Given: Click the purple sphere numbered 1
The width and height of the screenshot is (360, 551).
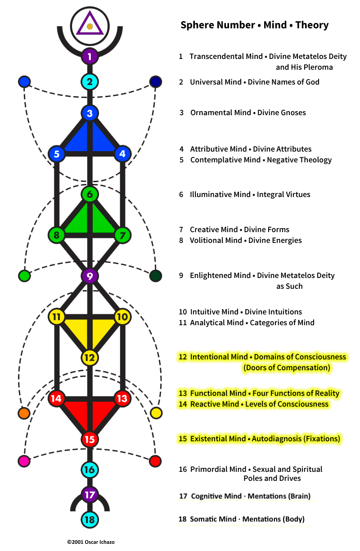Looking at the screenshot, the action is point(90,56).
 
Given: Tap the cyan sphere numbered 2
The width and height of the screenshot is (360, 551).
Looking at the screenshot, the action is point(90,82).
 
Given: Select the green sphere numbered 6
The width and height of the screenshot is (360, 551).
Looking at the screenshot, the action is point(90,194).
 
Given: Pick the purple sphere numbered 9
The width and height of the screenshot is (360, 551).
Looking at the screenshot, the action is point(90,276).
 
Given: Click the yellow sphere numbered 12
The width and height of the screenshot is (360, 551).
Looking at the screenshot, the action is point(90,358).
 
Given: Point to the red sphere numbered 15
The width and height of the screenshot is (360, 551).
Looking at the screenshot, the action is point(90,439).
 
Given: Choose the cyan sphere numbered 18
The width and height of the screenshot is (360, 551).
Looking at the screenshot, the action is point(90,520).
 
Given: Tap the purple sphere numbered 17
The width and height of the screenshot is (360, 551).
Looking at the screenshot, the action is point(90,495).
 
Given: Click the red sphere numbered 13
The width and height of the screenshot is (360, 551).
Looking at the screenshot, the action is point(122,398).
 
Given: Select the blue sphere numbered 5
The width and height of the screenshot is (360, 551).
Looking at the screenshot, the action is point(57,154).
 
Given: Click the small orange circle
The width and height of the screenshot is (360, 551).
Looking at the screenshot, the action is point(24,413).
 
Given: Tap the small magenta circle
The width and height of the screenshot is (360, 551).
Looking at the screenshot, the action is point(24,461).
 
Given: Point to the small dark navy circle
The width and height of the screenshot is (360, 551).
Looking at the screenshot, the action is point(156,82).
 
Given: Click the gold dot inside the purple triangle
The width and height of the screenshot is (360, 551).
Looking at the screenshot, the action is point(90,27).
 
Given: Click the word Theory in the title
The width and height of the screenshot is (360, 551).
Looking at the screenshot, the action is point(312,25).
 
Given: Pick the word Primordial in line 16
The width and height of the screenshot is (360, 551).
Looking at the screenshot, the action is point(218,469).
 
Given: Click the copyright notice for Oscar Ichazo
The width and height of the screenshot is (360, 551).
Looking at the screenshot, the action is point(91,542).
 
